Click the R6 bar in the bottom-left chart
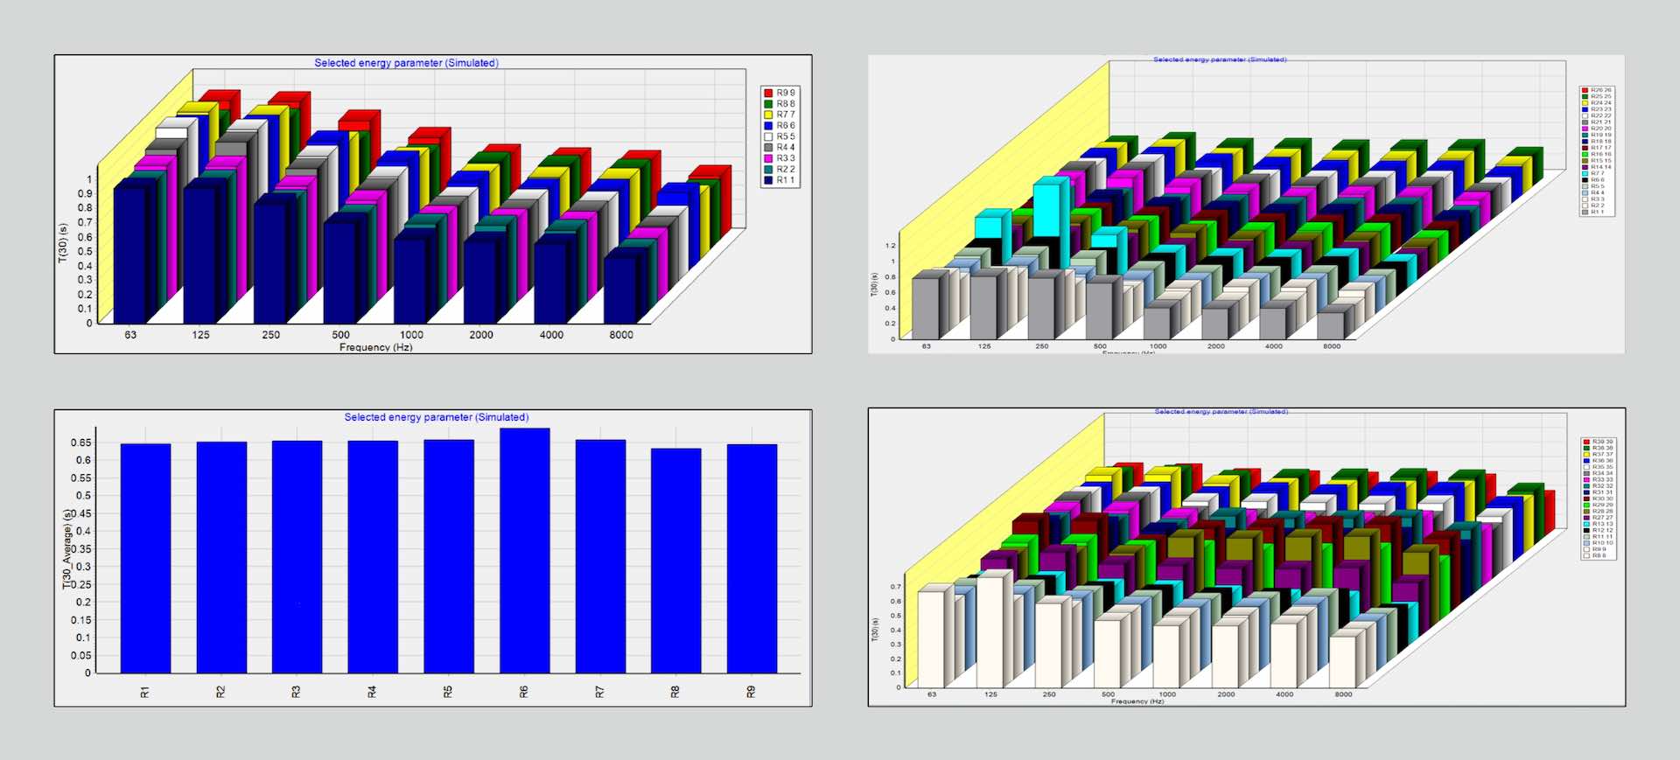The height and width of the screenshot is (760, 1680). click(524, 551)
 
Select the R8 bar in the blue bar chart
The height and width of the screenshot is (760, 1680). click(675, 561)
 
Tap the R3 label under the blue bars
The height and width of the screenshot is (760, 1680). click(296, 692)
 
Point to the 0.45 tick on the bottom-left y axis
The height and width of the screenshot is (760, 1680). click(80, 513)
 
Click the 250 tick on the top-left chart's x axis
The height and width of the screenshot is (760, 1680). click(271, 335)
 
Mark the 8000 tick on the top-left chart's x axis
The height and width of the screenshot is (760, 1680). click(621, 335)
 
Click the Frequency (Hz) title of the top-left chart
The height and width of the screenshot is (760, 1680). click(376, 347)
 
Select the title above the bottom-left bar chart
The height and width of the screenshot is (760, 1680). click(436, 417)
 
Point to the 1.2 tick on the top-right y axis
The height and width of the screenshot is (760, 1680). click(891, 246)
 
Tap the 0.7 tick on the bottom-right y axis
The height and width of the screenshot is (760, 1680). click(895, 587)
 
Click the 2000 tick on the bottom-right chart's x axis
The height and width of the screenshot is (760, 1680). click(1226, 694)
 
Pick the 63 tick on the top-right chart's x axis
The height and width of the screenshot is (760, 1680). click(926, 346)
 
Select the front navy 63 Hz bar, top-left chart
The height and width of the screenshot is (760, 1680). click(129, 254)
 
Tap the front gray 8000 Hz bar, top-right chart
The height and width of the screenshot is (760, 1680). click(1331, 325)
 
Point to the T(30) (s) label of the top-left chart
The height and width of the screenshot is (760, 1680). click(62, 243)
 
